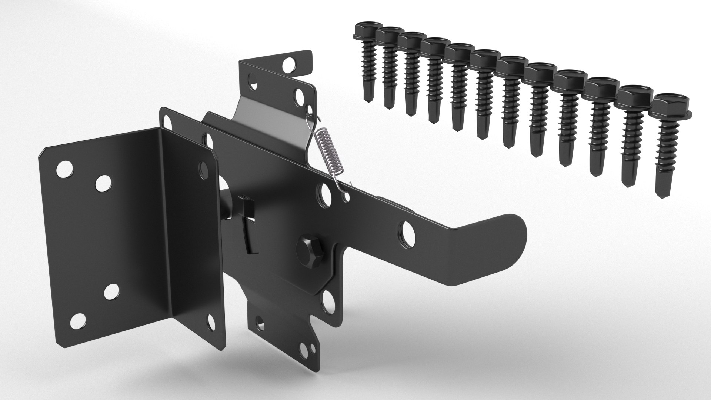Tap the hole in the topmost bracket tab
coord(290,66)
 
